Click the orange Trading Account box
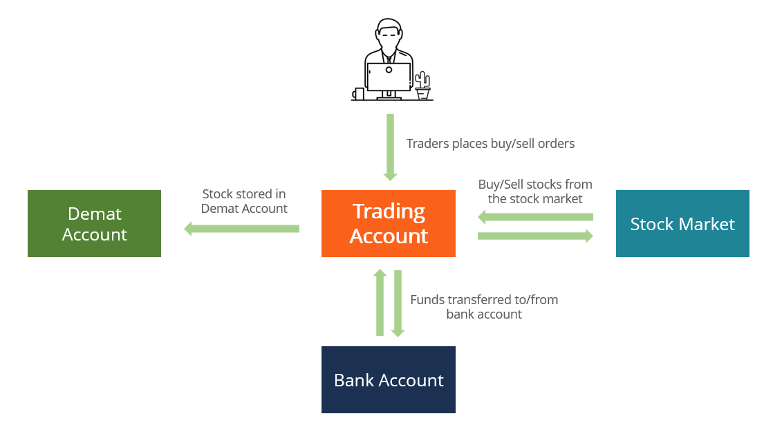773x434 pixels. [388, 223]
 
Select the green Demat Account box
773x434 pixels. [94, 223]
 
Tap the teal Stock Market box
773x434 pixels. [682, 223]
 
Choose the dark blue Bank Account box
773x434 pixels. [388, 379]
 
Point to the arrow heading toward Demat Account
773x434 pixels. [242, 229]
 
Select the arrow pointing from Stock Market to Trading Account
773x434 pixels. [535, 218]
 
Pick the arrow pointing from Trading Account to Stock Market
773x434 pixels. [535, 236]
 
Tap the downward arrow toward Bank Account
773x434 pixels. [398, 303]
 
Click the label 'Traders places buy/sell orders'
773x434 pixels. [490, 144]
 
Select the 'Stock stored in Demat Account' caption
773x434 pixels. [244, 201]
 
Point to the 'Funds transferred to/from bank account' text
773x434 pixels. [484, 307]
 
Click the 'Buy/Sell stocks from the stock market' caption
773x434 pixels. [535, 191]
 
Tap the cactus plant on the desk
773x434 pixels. [422, 84]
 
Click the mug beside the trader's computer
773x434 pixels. [358, 94]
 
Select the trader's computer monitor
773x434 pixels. [389, 77]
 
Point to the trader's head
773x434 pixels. [388, 35]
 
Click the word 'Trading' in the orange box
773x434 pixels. [389, 211]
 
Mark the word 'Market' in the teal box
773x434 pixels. [708, 224]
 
